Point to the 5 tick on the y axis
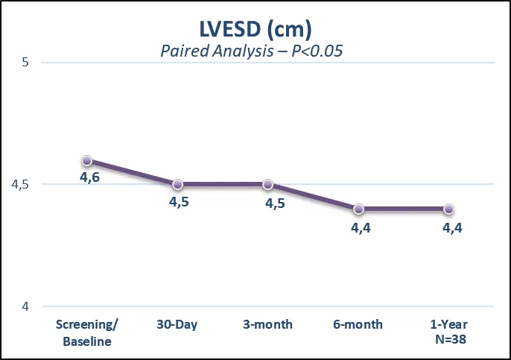point(25,62)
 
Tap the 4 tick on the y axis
point(25,306)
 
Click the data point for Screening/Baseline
point(87,160)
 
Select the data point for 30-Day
point(177,184)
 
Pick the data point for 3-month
point(267,184)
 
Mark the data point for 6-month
point(358,209)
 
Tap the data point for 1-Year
point(448,209)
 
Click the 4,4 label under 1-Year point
point(453,227)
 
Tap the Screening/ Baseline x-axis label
point(87,332)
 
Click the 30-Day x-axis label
point(177,324)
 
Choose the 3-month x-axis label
point(267,324)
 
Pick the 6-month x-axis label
point(358,324)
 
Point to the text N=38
point(448,341)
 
